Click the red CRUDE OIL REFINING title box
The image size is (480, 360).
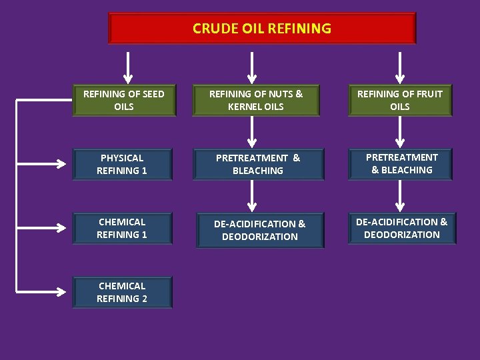262,29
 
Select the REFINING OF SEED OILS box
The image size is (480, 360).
124,100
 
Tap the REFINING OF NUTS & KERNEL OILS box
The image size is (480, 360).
256,100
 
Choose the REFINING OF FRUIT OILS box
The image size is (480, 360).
400,100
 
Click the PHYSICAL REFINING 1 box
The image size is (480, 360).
122,164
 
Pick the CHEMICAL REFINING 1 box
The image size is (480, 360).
122,228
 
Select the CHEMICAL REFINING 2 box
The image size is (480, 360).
122,292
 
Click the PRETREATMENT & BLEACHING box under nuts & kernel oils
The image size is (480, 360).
258,164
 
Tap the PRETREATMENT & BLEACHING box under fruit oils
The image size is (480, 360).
401,163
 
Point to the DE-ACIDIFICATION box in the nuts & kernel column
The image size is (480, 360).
260,230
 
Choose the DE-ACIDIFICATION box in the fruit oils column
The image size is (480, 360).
402,228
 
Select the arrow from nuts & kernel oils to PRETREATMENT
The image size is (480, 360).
252,133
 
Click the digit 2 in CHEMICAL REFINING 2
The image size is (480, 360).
144,299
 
